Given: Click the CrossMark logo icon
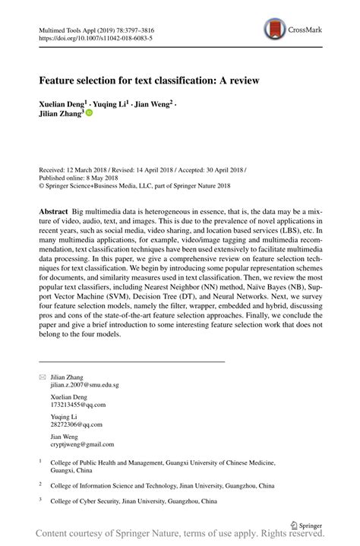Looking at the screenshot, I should coord(273,30).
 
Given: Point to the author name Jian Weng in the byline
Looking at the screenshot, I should coord(150,103).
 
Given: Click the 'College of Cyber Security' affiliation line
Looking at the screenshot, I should coord(134,502).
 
